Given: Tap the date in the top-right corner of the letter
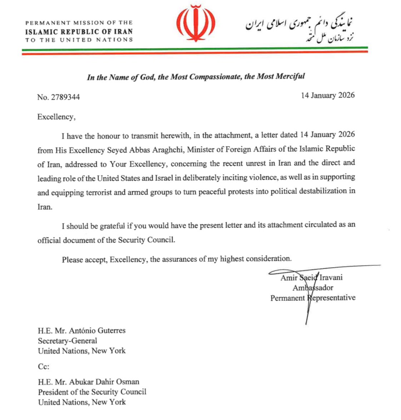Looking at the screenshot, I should (x=328, y=95).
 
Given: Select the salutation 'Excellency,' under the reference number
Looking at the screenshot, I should (x=56, y=117).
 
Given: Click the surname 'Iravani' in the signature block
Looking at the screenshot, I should (x=331, y=277).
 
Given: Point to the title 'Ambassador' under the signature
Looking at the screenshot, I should (x=313, y=288).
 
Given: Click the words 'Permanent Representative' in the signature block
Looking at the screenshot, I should (x=313, y=298).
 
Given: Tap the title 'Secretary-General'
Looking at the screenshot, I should (x=68, y=341).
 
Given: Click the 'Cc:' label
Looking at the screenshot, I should (x=44, y=367).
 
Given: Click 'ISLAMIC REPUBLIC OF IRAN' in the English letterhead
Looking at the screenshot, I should (x=79, y=31).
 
